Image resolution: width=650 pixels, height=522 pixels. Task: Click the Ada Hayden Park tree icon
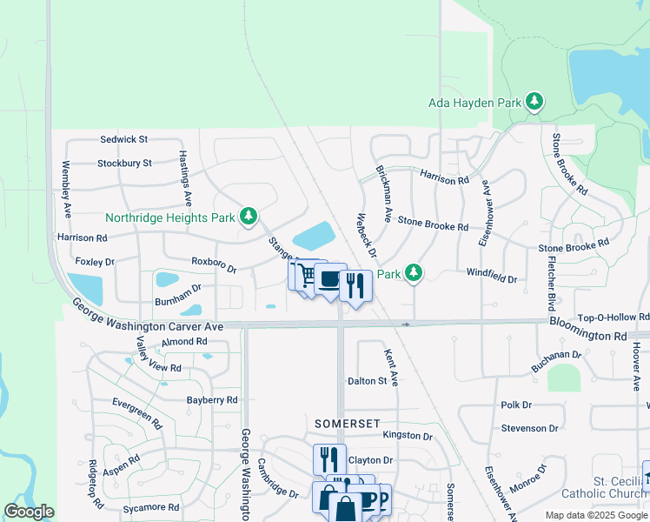pos(534,103)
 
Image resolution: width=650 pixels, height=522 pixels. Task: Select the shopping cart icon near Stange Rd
pos(304,276)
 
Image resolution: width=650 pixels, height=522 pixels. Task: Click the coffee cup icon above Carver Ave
pos(330,280)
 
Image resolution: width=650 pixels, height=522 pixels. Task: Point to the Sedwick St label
pos(124,139)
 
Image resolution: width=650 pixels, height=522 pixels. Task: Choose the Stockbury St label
pos(124,163)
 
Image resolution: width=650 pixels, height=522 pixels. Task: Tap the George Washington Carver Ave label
pos(148,316)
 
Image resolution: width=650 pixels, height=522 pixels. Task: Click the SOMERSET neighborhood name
pos(348,423)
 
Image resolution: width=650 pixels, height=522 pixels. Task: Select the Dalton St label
pos(367,381)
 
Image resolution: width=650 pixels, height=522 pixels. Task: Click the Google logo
pos(29,512)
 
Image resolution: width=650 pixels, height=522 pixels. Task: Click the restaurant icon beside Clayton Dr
pos(329,458)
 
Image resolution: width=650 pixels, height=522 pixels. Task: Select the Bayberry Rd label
pos(212,400)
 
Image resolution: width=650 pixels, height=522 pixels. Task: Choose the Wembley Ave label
pos(65,190)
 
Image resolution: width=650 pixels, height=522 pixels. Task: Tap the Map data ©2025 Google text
pos(595,515)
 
